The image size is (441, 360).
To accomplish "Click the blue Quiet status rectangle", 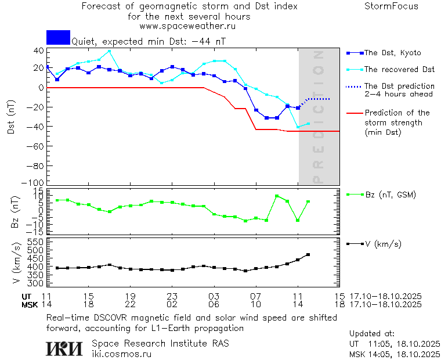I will pyautogui.click(x=58, y=37).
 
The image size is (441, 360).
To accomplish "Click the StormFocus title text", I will pyautogui.click(x=391, y=6).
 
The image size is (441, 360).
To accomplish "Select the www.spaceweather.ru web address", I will pyautogui.click(x=187, y=26).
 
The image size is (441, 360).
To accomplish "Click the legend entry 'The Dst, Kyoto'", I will pyautogui.click(x=392, y=53).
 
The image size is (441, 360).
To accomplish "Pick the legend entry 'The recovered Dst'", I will pyautogui.click(x=399, y=70).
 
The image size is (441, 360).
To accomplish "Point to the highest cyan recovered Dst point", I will pyautogui.click(x=109, y=51).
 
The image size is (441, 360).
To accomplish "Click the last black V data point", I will pyautogui.click(x=308, y=254).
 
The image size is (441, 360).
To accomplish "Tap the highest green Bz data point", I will pyautogui.click(x=277, y=196).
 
